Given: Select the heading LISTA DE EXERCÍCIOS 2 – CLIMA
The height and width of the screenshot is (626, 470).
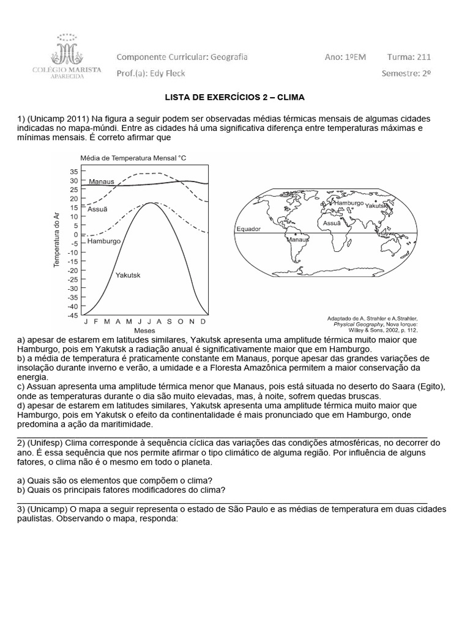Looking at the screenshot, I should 235,98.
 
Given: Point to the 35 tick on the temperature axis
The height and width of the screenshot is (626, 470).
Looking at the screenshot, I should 73,172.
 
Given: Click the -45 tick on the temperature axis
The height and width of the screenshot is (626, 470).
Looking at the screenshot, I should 72,315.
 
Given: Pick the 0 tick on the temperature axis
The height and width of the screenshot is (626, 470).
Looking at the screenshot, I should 75,235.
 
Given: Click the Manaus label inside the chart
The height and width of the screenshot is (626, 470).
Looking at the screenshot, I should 101,182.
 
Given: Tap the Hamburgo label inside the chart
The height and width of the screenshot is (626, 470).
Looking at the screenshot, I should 105,241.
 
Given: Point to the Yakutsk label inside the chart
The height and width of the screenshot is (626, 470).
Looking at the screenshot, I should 128,276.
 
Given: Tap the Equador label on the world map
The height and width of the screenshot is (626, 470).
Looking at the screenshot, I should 248,229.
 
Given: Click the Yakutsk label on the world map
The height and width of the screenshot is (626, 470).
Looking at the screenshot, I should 378,207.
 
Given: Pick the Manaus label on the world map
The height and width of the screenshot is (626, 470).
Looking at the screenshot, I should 298,240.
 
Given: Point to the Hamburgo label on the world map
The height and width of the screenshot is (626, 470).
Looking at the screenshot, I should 349,202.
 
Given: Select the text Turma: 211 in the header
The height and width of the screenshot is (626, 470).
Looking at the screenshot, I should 409,57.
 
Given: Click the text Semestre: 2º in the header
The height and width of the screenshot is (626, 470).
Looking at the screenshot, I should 406,73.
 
